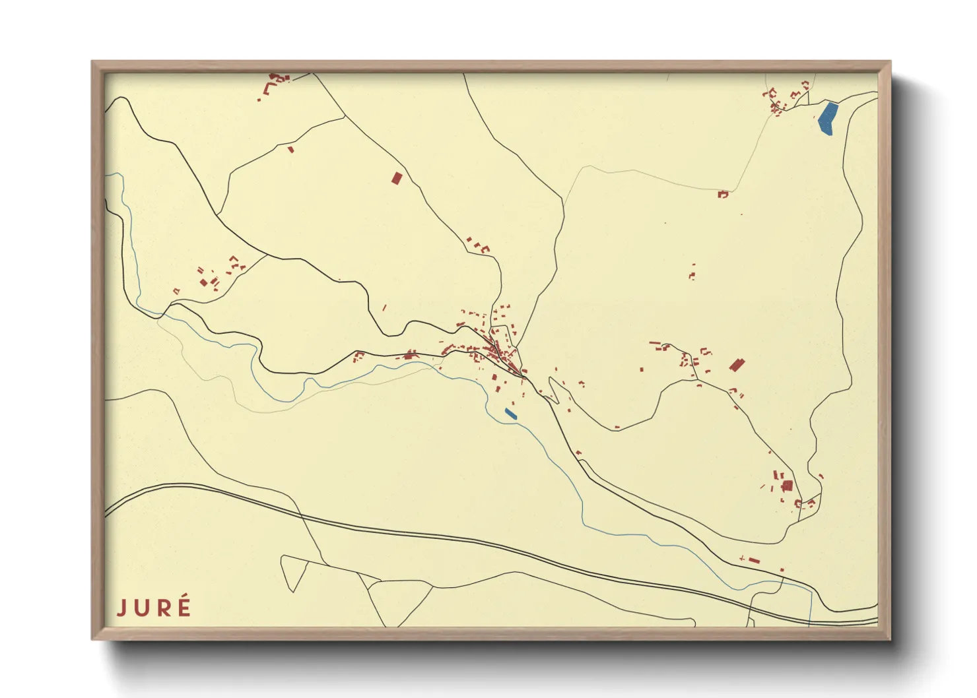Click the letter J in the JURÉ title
coord(121,607)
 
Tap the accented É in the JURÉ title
coord(184,606)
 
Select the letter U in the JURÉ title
coord(141,608)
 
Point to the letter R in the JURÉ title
coord(162,608)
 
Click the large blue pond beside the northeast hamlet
coord(828,119)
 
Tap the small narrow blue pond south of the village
coord(510,414)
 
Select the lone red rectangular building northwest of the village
coord(396,178)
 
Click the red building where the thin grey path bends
coord(723,194)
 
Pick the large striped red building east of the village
coord(737,364)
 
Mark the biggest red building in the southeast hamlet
coord(787,486)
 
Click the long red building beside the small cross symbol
coord(754,561)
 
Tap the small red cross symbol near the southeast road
coord(743,559)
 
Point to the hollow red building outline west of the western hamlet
coord(176,291)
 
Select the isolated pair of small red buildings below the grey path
coord(692,272)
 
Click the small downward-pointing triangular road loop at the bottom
coord(294,572)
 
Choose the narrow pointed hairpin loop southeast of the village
coord(553,389)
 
